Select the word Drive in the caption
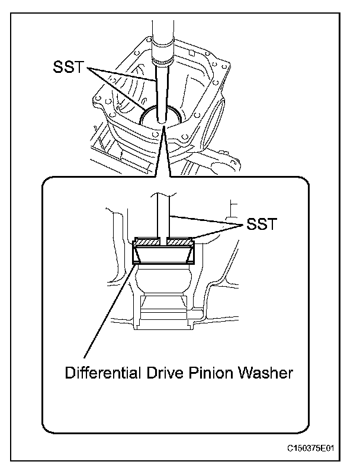point(156,374)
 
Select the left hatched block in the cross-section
point(148,242)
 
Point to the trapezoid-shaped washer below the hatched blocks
point(164,255)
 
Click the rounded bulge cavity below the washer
point(164,281)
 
